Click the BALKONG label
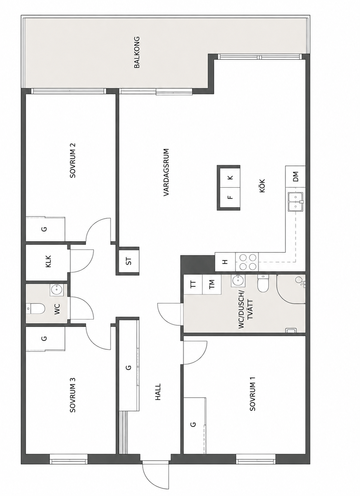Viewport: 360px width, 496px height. coord(137,52)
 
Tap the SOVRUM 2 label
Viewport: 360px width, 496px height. coord(73,160)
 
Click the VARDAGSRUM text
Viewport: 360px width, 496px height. coord(166,172)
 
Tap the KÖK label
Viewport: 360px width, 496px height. coord(262,186)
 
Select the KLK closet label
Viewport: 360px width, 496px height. coord(48,261)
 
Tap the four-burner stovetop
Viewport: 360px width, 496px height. coord(247,262)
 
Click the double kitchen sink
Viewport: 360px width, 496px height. coord(296,202)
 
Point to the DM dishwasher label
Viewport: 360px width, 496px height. coord(296,176)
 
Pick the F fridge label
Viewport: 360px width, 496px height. coord(230,197)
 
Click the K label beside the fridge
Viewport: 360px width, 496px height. coord(230,177)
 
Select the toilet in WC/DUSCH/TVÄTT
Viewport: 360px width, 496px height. coord(263,284)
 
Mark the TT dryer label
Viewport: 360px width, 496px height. coord(193,284)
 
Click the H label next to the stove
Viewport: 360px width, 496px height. coord(225,262)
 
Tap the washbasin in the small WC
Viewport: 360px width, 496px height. coord(57,289)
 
